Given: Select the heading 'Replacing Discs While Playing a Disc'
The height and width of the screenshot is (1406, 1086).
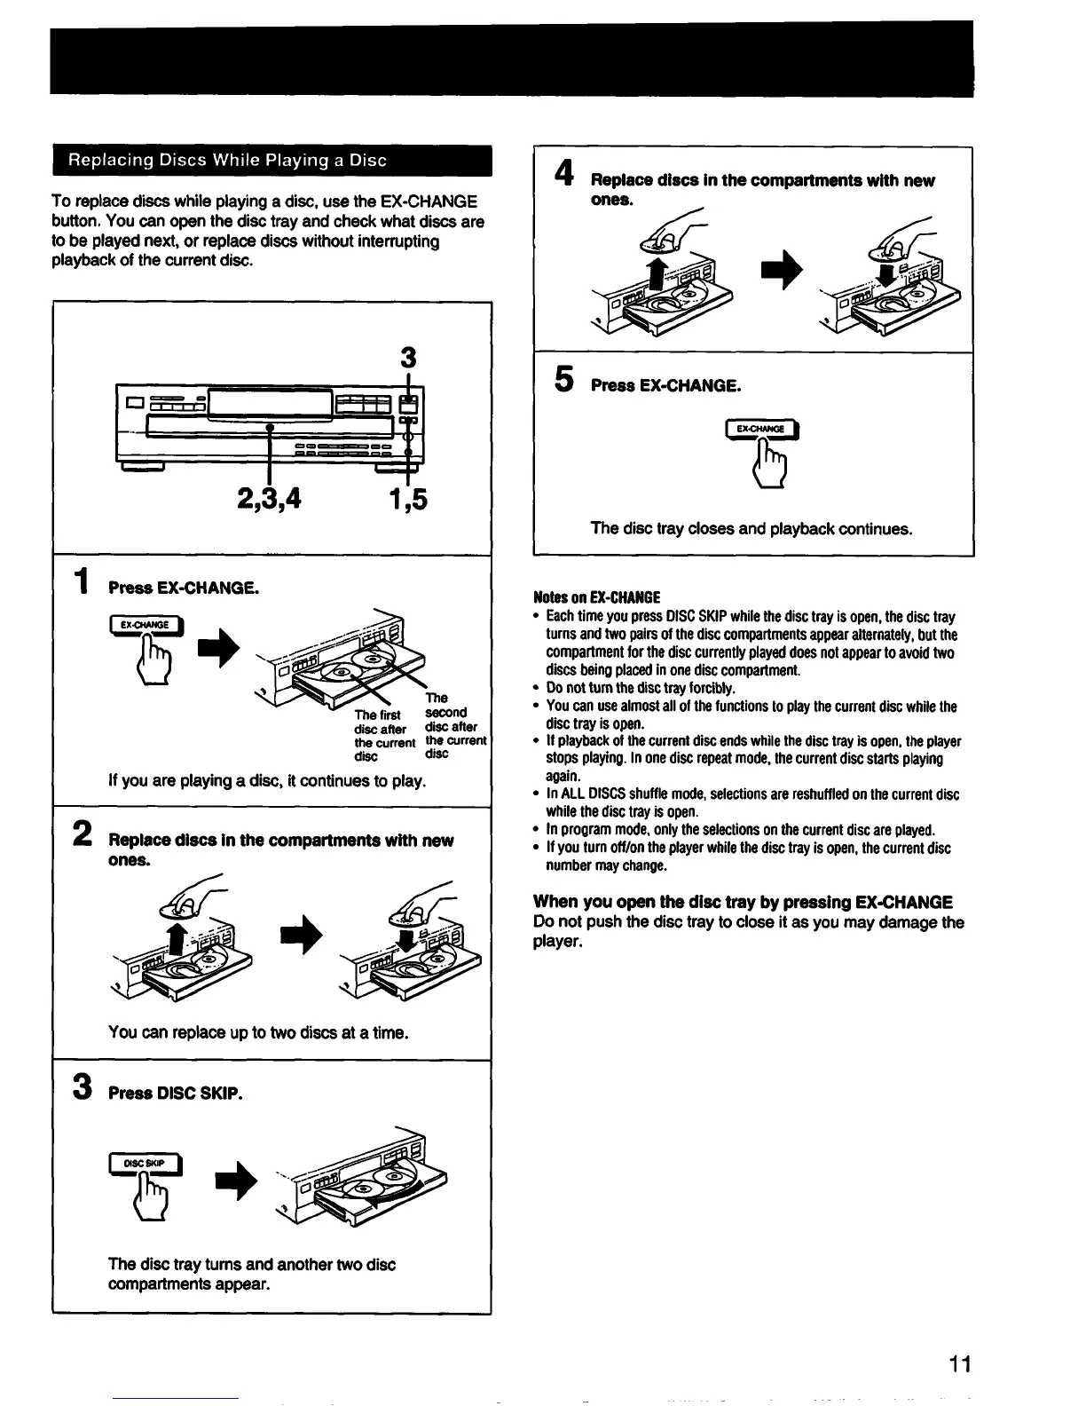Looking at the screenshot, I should pyautogui.click(x=228, y=161).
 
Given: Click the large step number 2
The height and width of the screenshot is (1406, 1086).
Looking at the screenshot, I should pyautogui.click(x=82, y=835).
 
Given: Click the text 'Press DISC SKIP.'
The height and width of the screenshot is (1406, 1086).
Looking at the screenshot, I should pyautogui.click(x=174, y=1093).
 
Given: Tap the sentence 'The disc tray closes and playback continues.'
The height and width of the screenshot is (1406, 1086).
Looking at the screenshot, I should pyautogui.click(x=751, y=529).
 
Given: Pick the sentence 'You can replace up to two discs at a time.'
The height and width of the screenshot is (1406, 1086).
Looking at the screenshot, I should pyautogui.click(x=257, y=1032).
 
